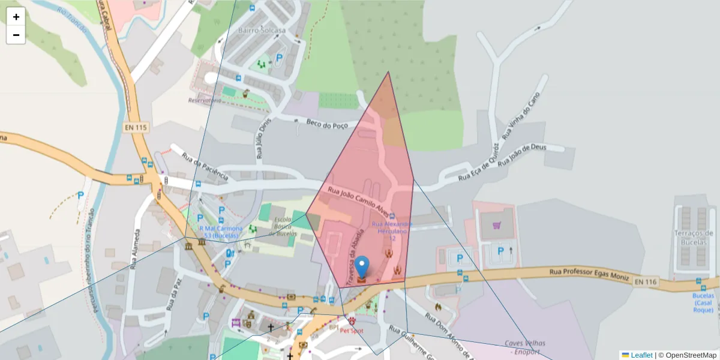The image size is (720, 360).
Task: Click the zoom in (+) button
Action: pos(16,17)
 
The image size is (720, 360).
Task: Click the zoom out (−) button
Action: pos(16,35)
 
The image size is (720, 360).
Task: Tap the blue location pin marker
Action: pos(362,267)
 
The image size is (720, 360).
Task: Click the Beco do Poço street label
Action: pos(327,124)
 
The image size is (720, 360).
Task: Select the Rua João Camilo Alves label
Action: pos(358,200)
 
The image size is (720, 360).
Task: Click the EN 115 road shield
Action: pos(136,127)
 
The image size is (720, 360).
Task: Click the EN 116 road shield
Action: pos(646,281)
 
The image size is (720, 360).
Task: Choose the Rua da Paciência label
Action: pos(205,167)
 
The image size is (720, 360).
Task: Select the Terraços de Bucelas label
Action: pos(693,238)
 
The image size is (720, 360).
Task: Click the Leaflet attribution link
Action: pos(641,355)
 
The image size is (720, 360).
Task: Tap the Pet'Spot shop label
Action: pos(352,331)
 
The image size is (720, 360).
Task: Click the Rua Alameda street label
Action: pos(136,247)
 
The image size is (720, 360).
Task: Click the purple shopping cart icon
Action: pos(496,226)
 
